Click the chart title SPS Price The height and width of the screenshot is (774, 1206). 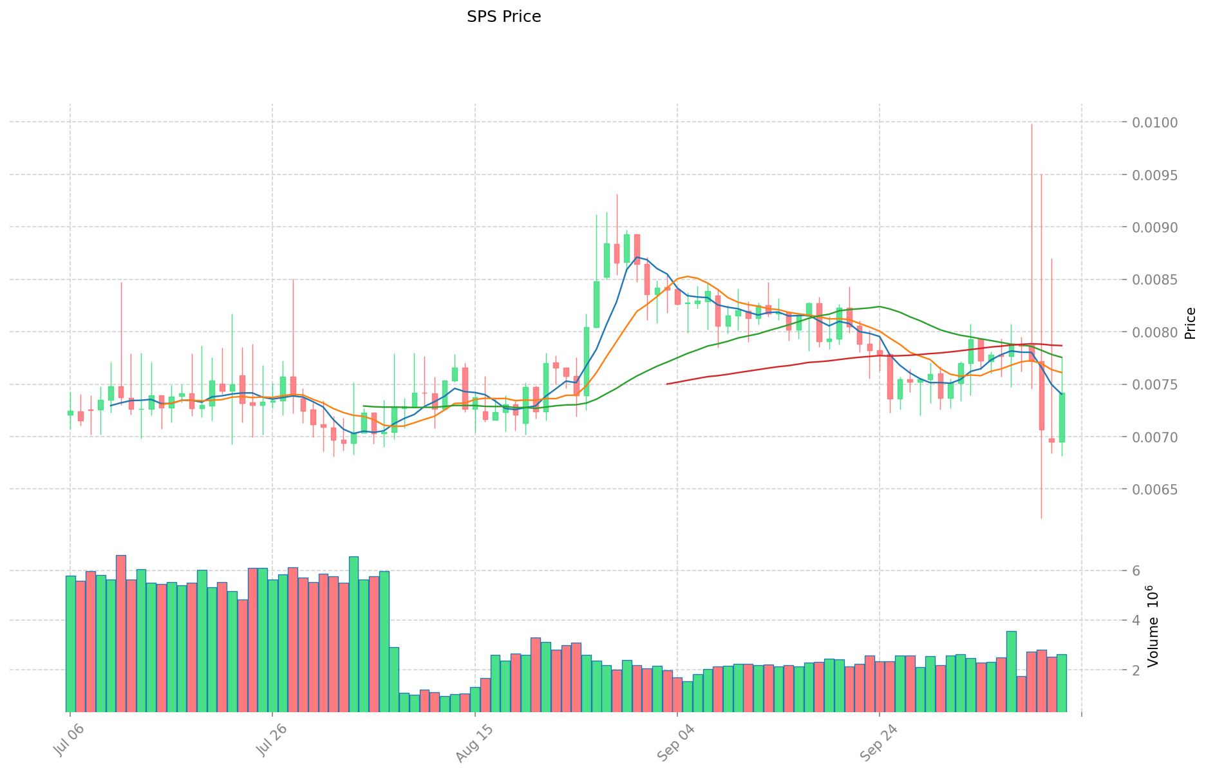click(504, 17)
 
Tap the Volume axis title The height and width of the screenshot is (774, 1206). click(1153, 626)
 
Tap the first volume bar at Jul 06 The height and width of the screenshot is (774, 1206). click(70, 644)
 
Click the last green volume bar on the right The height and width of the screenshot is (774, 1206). click(1061, 683)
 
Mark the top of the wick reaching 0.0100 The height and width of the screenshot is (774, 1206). click(1032, 124)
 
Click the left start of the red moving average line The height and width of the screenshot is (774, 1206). click(667, 384)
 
